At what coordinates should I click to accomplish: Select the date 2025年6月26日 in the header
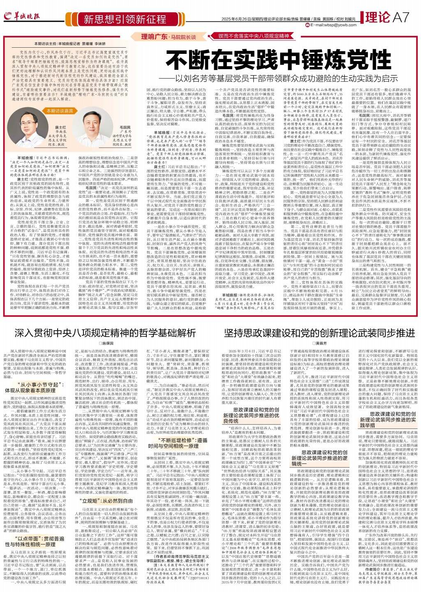(233, 19)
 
